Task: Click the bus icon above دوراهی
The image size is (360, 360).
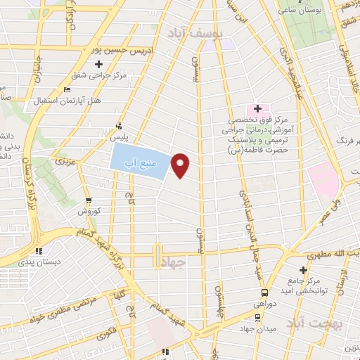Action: [x=264, y=293]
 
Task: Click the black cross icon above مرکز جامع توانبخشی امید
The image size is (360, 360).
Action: [x=304, y=270]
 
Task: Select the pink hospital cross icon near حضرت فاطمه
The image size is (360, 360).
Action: [x=257, y=109]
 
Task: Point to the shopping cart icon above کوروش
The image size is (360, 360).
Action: [x=87, y=200]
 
